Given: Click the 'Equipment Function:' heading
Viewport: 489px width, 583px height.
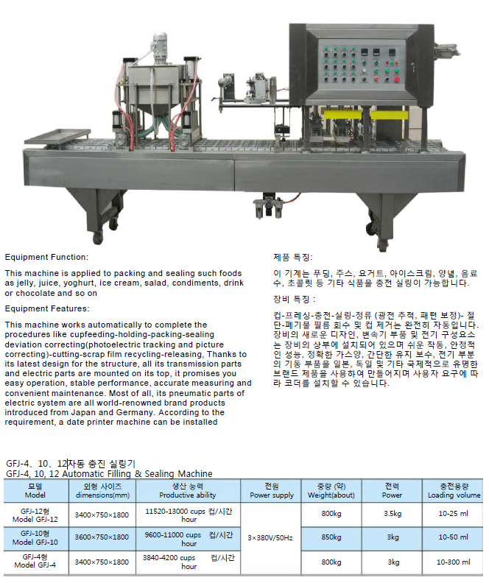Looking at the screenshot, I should [46, 257].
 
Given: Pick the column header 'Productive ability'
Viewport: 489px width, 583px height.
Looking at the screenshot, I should [188, 495].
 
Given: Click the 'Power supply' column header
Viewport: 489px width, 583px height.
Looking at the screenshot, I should [272, 495].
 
